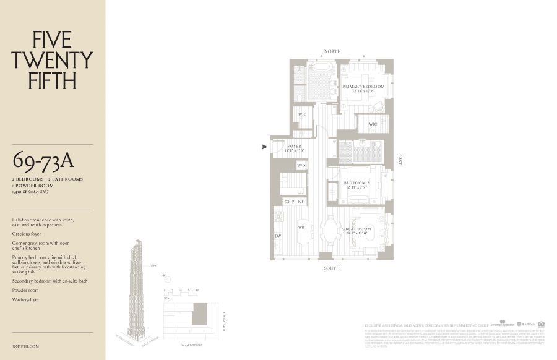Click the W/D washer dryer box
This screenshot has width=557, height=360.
click(x=301, y=166)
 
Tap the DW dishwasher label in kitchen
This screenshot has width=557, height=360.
click(x=278, y=237)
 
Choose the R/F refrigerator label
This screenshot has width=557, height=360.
click(x=301, y=202)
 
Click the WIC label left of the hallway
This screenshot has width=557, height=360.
click(x=303, y=114)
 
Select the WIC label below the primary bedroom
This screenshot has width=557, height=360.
click(x=373, y=124)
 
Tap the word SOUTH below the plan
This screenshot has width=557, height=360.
click(x=332, y=268)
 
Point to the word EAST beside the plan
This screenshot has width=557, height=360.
click(x=400, y=160)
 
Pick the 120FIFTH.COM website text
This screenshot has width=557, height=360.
click(x=25, y=346)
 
